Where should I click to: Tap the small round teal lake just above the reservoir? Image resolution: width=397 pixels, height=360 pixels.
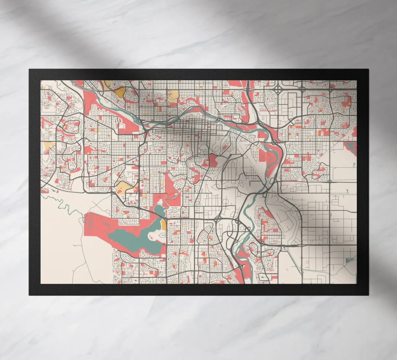[159, 211]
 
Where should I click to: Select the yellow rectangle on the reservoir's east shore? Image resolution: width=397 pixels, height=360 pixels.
[163, 225]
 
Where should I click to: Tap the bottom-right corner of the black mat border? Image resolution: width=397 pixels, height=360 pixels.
[368, 295]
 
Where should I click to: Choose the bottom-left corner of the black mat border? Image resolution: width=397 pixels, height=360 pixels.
[29, 295]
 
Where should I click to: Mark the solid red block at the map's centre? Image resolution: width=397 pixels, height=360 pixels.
[213, 160]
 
